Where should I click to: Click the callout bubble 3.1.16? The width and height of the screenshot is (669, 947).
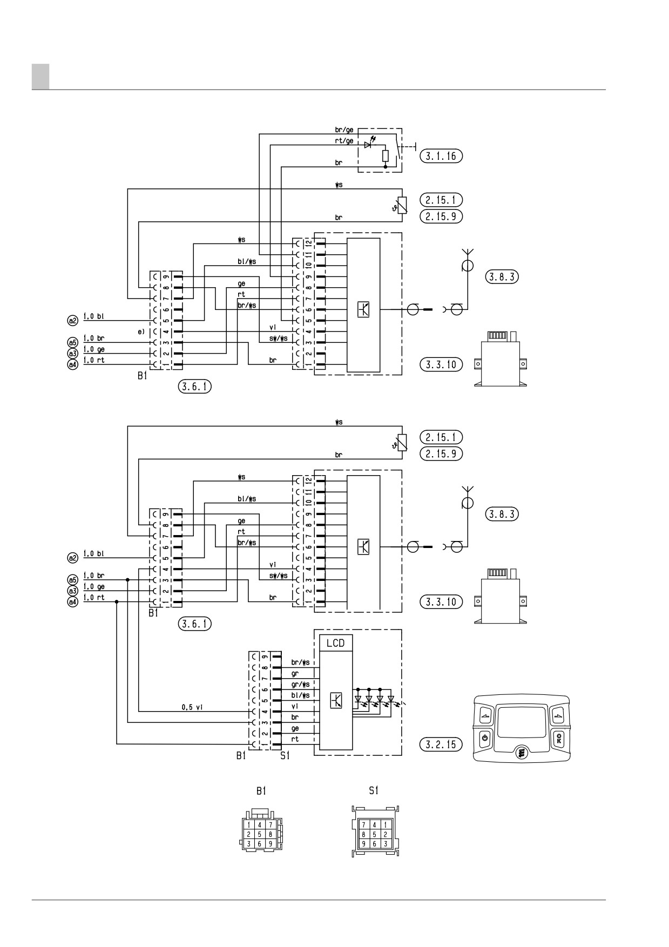tap(441, 156)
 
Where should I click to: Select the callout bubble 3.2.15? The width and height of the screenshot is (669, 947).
tap(441, 745)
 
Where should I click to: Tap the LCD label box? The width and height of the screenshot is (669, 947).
tap(335, 642)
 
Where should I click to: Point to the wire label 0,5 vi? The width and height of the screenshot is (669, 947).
tap(192, 707)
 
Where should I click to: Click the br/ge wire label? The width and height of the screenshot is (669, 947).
tap(344, 130)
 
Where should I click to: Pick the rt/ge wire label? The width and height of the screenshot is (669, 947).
tap(344, 141)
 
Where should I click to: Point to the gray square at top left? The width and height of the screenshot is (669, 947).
tap(40, 76)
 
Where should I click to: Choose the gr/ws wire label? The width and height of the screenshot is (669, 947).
tap(300, 685)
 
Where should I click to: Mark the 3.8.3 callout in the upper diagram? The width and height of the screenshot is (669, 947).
tap(502, 276)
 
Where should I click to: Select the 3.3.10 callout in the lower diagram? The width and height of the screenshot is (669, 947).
tap(441, 601)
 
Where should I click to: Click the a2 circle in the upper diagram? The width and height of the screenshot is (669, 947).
tap(73, 320)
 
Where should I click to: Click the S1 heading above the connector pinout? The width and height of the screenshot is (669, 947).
tap(373, 790)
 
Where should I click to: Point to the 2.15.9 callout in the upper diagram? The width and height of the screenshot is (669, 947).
tap(441, 216)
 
